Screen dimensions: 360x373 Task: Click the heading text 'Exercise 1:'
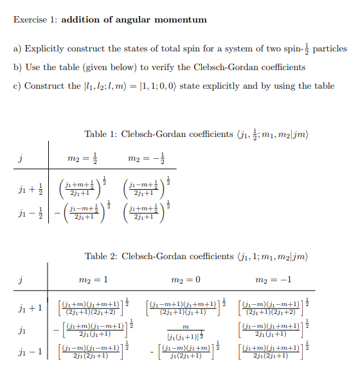(x=35, y=20)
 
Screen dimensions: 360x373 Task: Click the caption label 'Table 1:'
(x=100, y=134)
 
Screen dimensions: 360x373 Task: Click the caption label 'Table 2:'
(x=100, y=257)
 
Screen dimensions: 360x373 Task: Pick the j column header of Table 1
(x=22, y=158)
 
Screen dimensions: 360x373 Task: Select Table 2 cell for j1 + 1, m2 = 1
(x=94, y=307)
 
